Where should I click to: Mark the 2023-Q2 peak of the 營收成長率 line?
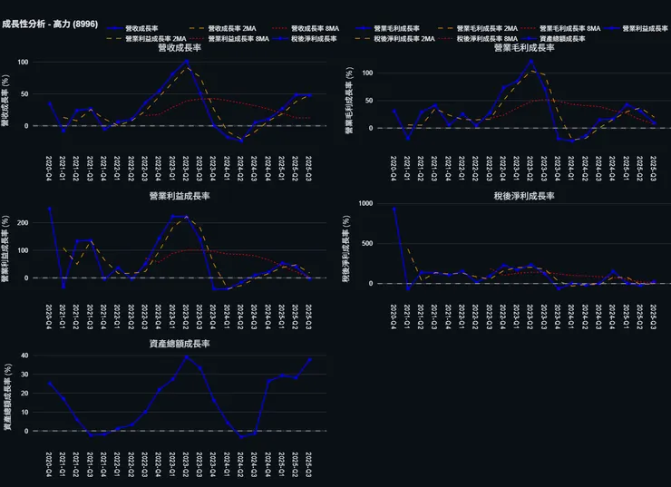[187, 62]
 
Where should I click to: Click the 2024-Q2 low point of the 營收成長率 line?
[241, 141]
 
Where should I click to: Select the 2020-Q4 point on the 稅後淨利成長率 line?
[394, 209]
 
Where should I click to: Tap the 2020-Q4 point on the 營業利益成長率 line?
[50, 209]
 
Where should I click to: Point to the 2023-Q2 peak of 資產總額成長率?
[187, 356]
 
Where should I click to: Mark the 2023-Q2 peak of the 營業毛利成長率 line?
[531, 62]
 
